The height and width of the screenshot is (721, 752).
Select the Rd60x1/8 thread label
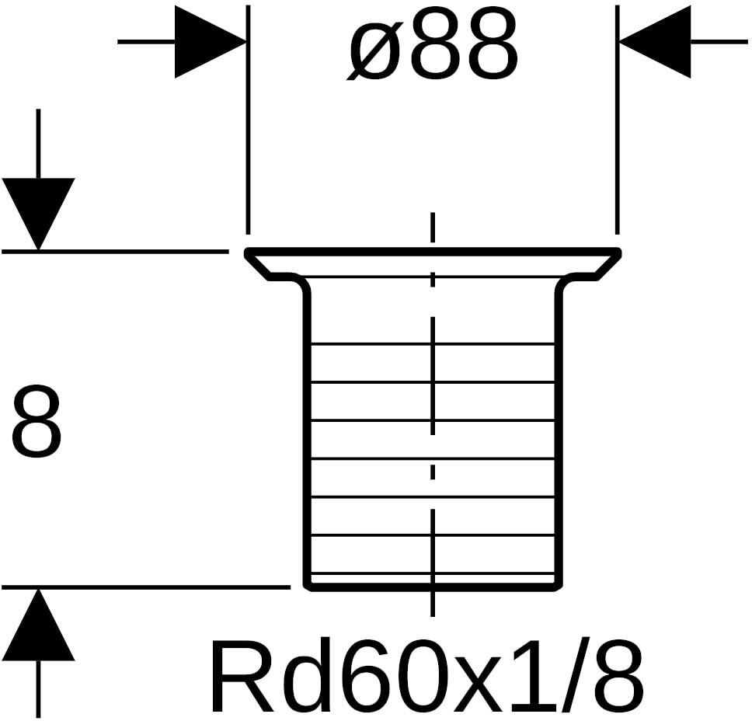(x=426, y=677)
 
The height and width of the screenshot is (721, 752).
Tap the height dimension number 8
(x=37, y=421)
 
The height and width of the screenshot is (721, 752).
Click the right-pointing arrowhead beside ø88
(x=210, y=42)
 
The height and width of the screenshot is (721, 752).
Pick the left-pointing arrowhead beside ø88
(x=655, y=42)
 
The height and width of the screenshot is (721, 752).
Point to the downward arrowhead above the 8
(x=38, y=214)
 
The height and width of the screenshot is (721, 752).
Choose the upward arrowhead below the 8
(x=38, y=625)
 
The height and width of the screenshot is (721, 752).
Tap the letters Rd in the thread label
(x=252, y=677)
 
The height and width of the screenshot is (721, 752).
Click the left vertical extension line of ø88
(x=248, y=120)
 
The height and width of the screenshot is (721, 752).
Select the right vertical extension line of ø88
(x=618, y=120)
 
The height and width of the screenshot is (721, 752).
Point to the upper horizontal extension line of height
(x=115, y=250)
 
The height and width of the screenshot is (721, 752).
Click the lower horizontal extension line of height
(x=146, y=587)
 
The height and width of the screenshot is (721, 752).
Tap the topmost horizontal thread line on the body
(x=433, y=343)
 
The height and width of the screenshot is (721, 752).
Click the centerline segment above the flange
(x=433, y=228)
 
